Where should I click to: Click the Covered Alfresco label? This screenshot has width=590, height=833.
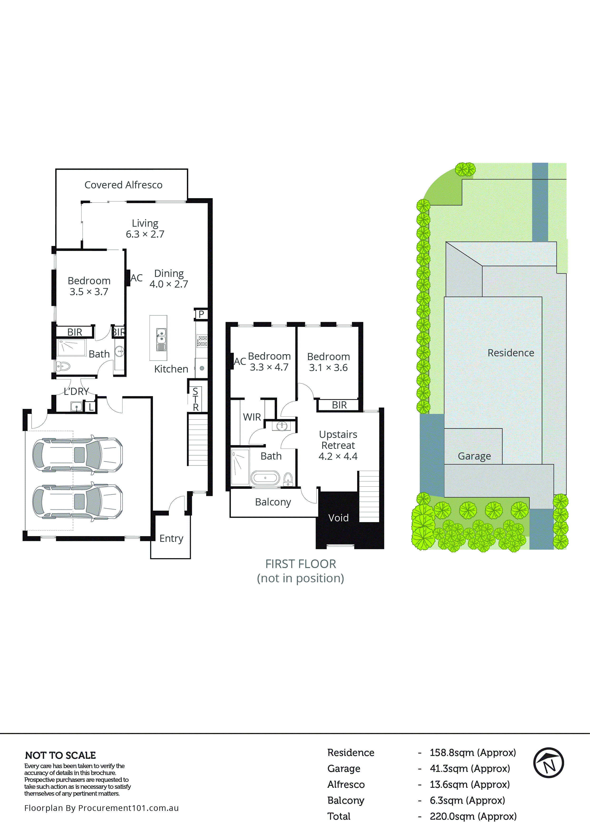coord(123,185)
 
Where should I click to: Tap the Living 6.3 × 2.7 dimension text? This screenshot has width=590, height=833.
coord(145,234)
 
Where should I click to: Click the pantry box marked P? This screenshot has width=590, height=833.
coord(201,314)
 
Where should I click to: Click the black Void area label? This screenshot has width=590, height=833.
coord(338,518)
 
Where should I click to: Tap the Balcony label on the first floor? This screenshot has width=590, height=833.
coord(273,502)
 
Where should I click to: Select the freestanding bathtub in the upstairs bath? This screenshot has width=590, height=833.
coord(265,478)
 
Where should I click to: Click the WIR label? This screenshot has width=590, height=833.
coord(252,417)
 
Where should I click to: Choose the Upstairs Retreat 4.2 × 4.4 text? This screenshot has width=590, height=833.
coord(338,445)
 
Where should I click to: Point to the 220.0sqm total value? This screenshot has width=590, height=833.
coord(473,816)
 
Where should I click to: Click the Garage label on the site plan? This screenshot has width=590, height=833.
coord(474,456)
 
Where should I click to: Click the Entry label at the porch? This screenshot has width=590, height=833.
coord(171,538)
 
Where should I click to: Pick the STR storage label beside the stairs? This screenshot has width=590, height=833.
coord(195,399)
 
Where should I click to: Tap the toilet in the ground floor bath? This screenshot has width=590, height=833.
coord(63,366)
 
